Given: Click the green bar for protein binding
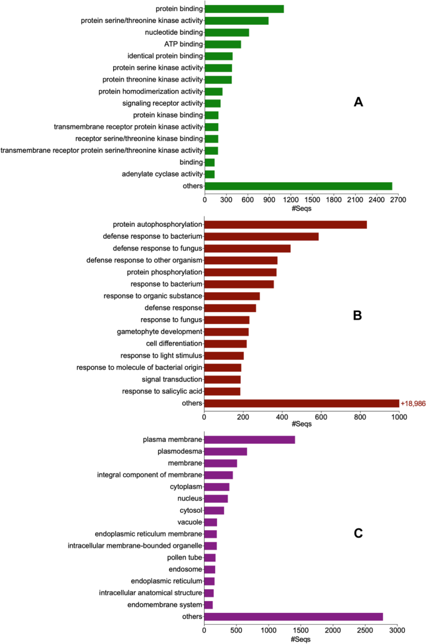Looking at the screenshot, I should (244, 9).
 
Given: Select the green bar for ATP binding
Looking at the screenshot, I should (223, 44).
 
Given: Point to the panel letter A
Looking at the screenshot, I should (358, 103).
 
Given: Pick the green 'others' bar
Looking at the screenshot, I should (298, 186).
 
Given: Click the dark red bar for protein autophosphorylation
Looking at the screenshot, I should (285, 224).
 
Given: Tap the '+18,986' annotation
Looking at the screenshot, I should (412, 403).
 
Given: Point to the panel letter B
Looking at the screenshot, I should (358, 315).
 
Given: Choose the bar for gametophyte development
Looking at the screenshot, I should (226, 332).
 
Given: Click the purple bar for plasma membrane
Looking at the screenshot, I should (249, 439).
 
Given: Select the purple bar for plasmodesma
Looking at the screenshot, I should (226, 451).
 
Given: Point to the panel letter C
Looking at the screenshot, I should (358, 533).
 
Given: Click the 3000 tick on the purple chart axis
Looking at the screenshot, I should (398, 629).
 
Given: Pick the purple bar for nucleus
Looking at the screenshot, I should (216, 499).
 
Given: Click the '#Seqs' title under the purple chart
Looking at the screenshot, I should (301, 638).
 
